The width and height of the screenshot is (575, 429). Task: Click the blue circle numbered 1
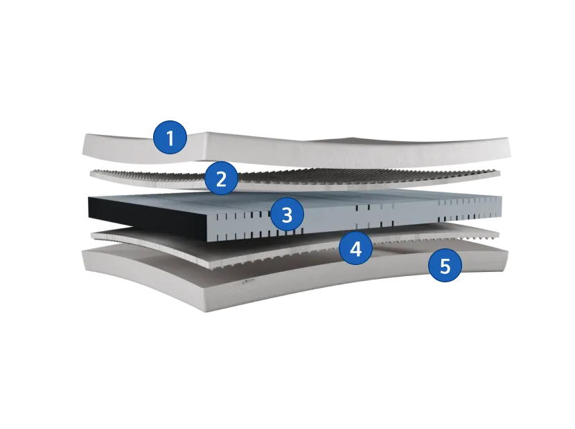(x=170, y=138)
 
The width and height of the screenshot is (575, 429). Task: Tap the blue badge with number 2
(x=221, y=179)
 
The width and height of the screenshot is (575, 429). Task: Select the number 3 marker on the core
(x=287, y=214)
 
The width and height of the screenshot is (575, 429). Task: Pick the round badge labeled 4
(x=355, y=249)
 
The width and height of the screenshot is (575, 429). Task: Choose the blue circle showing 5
(x=445, y=265)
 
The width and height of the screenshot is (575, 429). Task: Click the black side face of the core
(x=147, y=216)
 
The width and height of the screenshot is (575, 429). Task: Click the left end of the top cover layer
(x=87, y=144)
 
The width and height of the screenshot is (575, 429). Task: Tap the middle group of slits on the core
(x=374, y=215)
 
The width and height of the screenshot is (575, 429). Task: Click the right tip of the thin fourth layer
(x=499, y=234)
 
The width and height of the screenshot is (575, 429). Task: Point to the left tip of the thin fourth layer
(x=91, y=235)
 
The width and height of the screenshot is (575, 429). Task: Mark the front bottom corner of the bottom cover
(x=204, y=311)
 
